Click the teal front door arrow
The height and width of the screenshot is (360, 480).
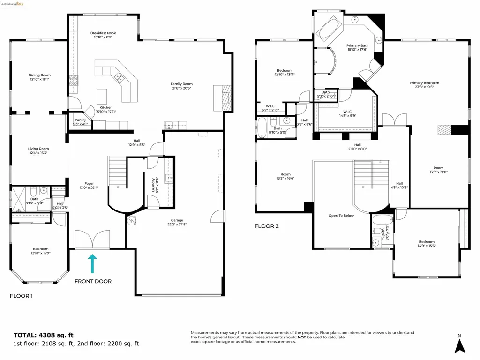[92, 263]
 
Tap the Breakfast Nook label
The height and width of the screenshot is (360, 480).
[103, 33]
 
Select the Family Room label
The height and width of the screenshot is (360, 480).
[181, 84]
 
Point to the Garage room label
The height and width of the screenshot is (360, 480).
[177, 220]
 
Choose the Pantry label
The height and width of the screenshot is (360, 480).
[80, 120]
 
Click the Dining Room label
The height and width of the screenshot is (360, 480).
[39, 75]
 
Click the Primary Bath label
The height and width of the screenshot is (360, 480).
[358, 45]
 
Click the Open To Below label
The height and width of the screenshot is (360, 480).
[341, 216]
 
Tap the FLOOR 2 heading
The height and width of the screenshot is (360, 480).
[267, 226]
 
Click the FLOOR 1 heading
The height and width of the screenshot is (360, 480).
[22, 296]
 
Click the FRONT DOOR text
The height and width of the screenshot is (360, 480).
[93, 281]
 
